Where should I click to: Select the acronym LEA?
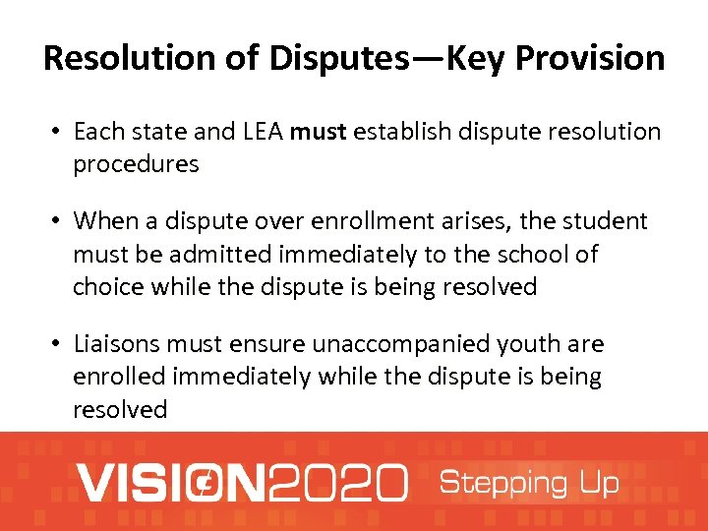(258, 132)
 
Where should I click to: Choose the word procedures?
(136, 164)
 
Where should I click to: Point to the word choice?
(106, 287)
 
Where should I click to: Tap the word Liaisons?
(117, 344)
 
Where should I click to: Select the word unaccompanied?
(383, 344)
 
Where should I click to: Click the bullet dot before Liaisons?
(58, 344)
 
